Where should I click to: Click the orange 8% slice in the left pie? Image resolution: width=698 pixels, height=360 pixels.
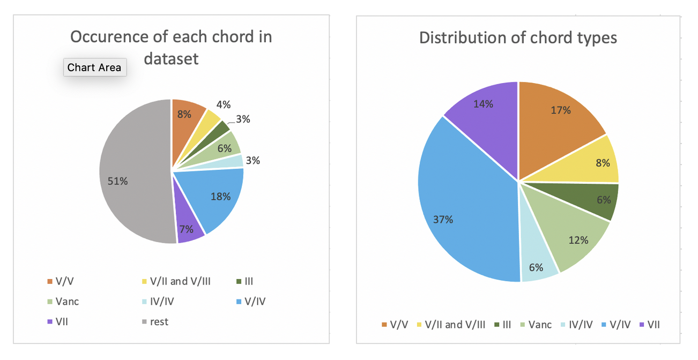(187, 115)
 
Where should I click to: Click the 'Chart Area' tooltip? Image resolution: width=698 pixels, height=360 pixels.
(94, 67)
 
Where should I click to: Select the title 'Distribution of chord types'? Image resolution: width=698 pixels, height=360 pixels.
(518, 38)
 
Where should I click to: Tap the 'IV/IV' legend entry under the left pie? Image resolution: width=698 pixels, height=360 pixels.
(160, 302)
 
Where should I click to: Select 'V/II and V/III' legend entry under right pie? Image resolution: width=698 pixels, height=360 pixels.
(454, 325)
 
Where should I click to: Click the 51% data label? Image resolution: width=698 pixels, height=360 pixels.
(117, 181)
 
